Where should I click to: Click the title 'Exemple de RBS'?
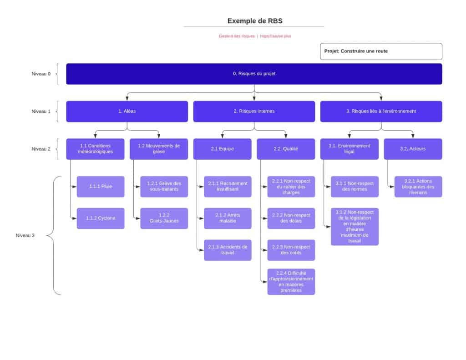(x=254, y=21)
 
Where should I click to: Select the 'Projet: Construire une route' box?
(x=381, y=51)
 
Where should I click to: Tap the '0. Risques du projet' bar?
(x=254, y=74)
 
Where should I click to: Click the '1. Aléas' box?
(x=127, y=112)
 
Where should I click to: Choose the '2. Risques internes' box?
(x=254, y=112)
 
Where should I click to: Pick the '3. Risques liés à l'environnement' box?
(x=381, y=112)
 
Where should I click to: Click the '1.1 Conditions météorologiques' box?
(x=96, y=149)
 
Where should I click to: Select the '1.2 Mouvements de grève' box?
(x=159, y=149)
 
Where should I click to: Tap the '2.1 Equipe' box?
(x=222, y=149)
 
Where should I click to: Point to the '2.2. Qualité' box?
(x=286, y=149)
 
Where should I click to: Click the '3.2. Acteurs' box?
(x=413, y=149)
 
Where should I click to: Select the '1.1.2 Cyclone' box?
(x=101, y=218)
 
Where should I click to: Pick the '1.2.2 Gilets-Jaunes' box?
(x=164, y=218)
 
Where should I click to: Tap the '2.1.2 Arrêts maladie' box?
(x=228, y=218)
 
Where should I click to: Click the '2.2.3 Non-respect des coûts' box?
(x=291, y=250)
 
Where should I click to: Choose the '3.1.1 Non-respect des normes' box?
(x=355, y=187)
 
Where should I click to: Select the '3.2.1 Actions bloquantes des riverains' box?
(x=418, y=187)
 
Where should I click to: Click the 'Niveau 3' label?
(x=25, y=236)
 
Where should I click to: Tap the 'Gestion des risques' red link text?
(x=236, y=36)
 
